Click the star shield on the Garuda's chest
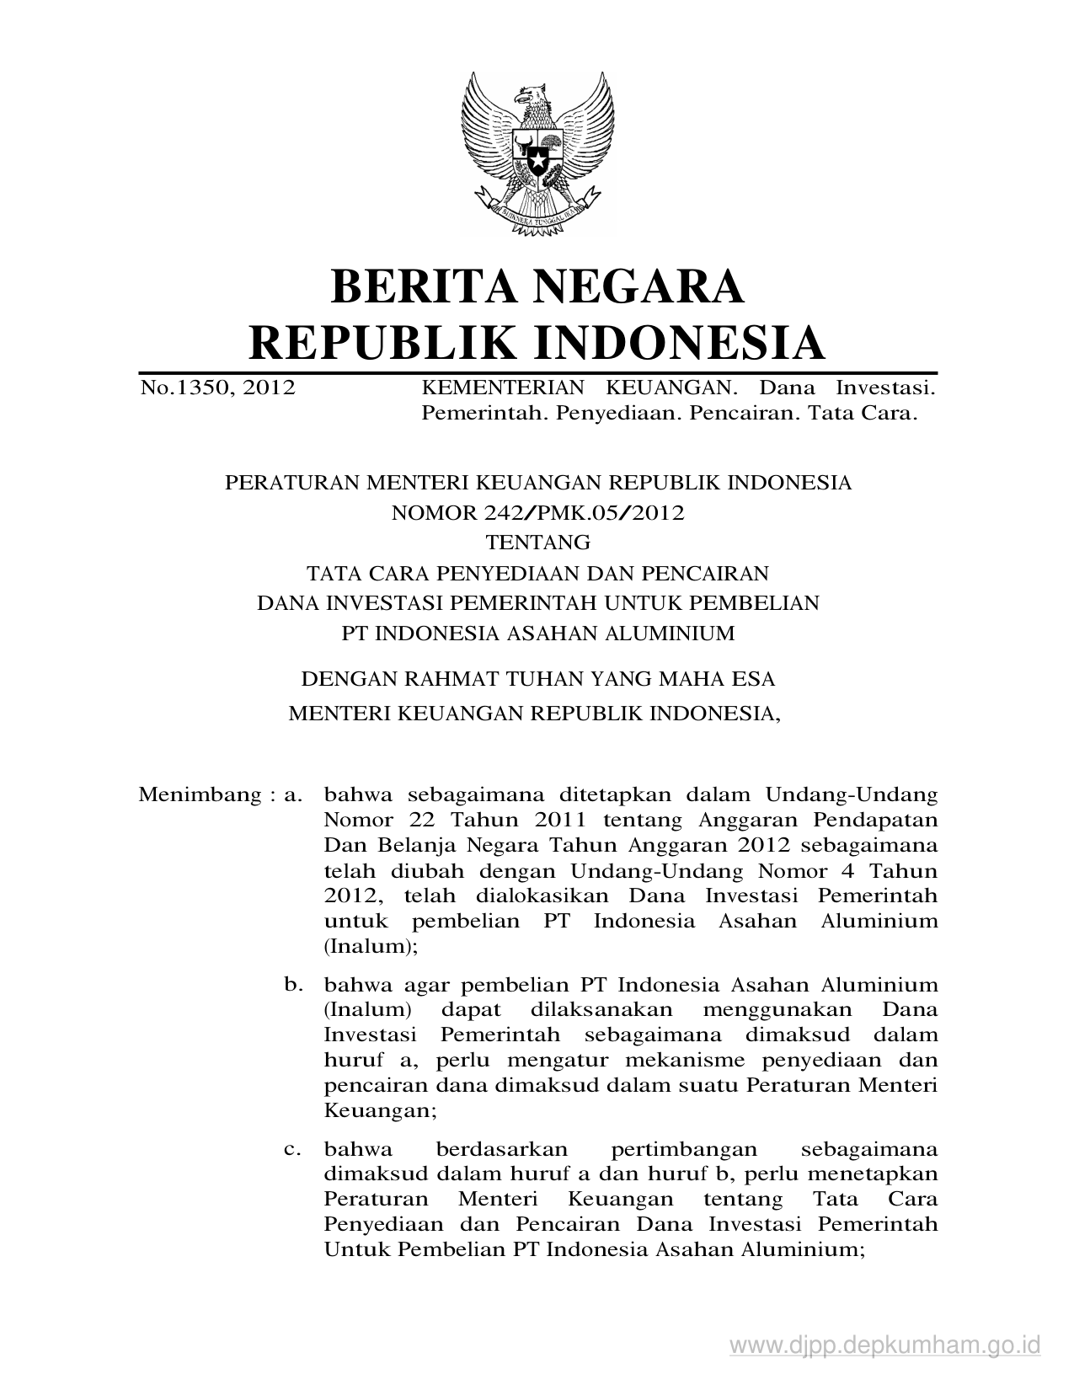[x=536, y=156]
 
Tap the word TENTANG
[x=537, y=542]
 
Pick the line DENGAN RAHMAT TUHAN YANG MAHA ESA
[x=537, y=678]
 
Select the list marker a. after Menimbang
[x=292, y=794]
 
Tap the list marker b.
[x=292, y=983]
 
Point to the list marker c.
[x=292, y=1149]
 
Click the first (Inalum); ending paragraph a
[x=371, y=945]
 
